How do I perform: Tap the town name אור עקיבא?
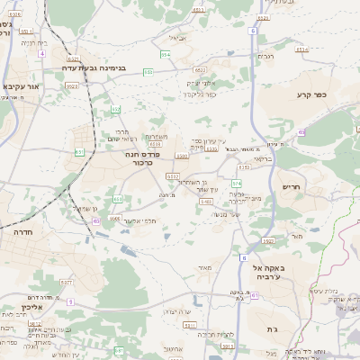[22, 86]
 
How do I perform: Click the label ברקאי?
[261, 157]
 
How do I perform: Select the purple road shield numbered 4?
[42, 53]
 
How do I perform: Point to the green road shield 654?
[165, 55]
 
